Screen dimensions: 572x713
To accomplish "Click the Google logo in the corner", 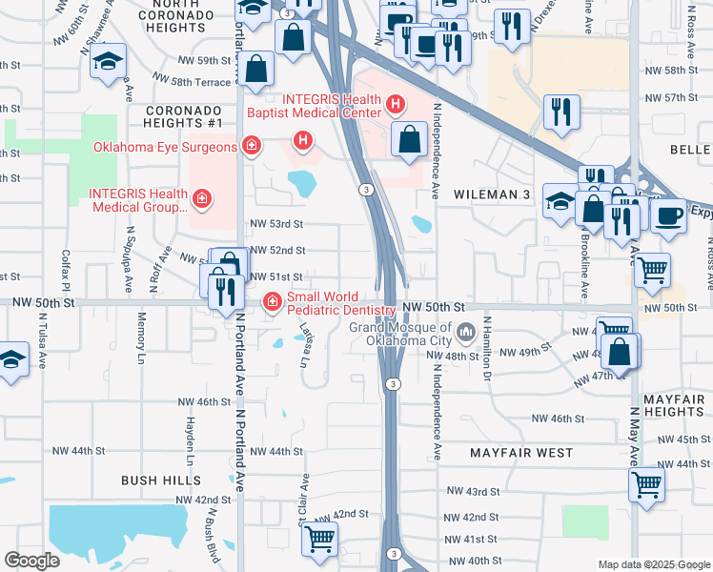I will click(32, 561).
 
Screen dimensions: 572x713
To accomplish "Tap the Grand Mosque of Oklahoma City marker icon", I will click(467, 333).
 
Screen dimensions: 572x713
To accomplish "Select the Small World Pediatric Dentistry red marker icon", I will click(272, 302).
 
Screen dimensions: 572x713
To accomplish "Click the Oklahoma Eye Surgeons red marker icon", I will click(251, 146).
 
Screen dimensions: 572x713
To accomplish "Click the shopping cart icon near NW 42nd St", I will click(319, 539).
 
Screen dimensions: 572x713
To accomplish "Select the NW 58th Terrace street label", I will click(199, 83).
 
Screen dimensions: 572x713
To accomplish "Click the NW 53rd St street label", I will click(276, 224).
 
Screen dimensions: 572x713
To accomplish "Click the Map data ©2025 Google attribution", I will click(653, 564).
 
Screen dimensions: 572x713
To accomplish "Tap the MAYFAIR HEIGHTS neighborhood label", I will click(673, 404).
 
